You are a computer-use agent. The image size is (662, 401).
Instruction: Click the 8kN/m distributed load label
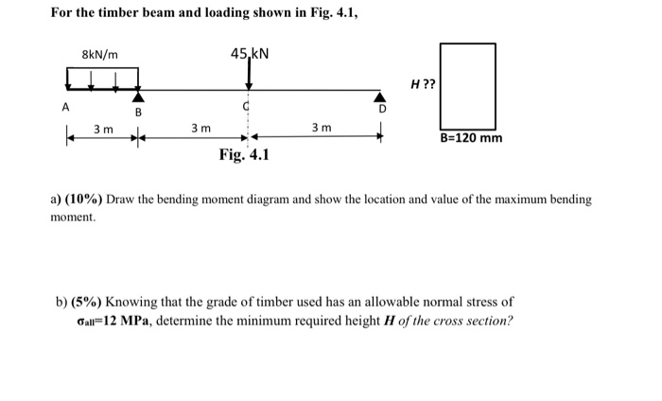(x=99, y=55)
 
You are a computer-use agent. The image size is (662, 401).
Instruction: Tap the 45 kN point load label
(x=250, y=53)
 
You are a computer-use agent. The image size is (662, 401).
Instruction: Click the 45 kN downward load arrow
(x=249, y=76)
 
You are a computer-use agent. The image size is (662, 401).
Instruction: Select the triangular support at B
(x=139, y=96)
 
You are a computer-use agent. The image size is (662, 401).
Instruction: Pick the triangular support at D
(x=381, y=96)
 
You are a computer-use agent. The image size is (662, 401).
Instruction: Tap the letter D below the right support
(x=382, y=110)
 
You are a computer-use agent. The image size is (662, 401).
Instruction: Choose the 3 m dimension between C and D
(x=321, y=128)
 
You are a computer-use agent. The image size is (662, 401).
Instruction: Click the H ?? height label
(x=423, y=84)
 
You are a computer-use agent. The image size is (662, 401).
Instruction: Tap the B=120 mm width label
(x=471, y=139)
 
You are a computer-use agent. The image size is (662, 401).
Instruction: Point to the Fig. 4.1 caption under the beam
(x=243, y=155)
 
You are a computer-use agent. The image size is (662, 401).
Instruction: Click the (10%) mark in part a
(x=83, y=200)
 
